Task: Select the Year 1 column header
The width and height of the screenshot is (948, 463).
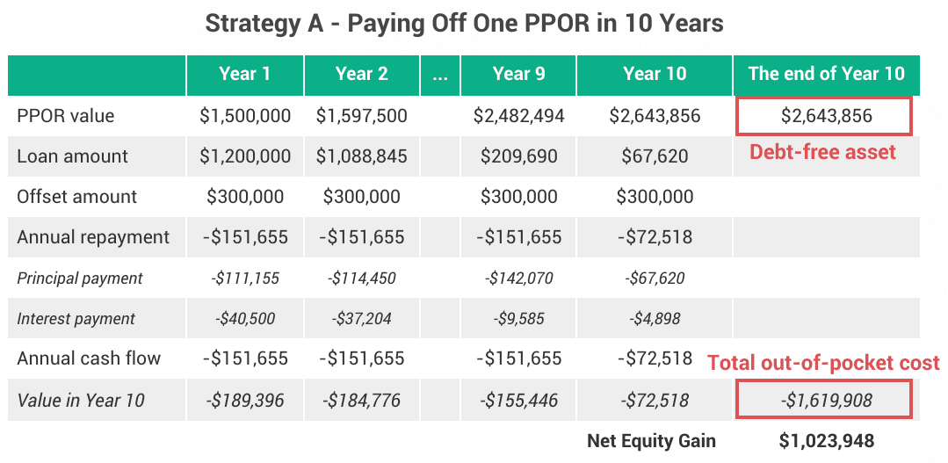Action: click(244, 75)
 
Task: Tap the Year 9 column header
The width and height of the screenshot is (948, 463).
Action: click(518, 75)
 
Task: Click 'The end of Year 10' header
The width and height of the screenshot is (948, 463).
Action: click(826, 75)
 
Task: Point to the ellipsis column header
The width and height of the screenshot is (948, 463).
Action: click(440, 75)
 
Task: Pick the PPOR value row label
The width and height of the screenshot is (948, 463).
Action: click(66, 116)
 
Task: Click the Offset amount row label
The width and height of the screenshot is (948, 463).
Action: click(77, 197)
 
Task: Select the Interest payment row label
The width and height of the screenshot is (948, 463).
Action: click(76, 319)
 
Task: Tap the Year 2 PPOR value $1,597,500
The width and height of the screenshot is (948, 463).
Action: click(361, 116)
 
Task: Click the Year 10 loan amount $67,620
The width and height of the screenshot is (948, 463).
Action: click(655, 156)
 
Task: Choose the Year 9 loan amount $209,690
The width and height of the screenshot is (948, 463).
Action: click(518, 156)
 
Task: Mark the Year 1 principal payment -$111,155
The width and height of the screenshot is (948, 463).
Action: click(244, 279)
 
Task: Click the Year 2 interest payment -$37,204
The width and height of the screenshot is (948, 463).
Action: click(361, 319)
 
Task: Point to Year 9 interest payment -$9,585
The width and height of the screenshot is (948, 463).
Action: click(518, 319)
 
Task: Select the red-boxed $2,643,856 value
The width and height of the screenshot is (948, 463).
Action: click(826, 116)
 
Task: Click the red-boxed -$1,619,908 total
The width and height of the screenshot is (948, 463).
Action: click(826, 401)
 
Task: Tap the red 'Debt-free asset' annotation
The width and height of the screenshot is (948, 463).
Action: click(822, 152)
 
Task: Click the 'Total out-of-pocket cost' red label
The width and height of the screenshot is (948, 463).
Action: click(823, 362)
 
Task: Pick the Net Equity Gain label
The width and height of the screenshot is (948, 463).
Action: click(651, 441)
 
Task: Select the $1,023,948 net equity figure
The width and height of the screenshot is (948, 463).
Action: click(826, 441)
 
